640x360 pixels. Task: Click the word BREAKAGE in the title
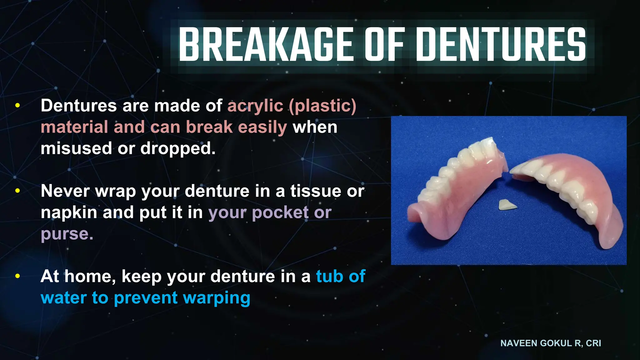coord(266,44)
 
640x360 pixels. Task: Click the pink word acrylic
coord(255,106)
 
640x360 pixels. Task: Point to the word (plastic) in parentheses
coord(322,106)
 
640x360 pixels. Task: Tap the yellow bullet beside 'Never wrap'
coord(17,191)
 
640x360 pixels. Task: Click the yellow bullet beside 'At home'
coord(17,276)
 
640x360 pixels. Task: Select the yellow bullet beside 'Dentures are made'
coord(17,106)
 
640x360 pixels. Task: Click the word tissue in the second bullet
coord(316,191)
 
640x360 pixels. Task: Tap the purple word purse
coord(67,234)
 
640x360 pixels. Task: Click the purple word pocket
coord(280,212)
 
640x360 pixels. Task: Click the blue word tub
coord(329,276)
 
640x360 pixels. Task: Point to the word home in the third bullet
coord(90,276)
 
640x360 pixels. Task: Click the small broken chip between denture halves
coord(507,205)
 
